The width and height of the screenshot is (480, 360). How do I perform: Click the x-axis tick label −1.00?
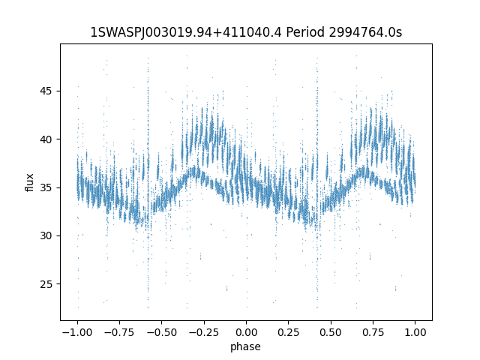(x=77, y=332)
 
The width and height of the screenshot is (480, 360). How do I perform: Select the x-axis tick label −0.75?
(x=119, y=332)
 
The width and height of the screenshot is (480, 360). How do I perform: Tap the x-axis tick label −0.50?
(x=162, y=332)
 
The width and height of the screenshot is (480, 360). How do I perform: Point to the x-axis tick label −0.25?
(x=204, y=332)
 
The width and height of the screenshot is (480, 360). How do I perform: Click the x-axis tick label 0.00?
(x=246, y=332)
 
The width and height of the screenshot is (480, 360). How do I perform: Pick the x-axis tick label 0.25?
(x=288, y=332)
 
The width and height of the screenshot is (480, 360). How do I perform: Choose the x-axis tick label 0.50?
(x=331, y=332)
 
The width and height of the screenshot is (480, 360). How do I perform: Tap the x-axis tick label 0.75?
(x=373, y=332)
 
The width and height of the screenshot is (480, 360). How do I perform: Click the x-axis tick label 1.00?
(x=415, y=332)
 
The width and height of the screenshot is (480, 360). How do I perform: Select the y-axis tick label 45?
(x=46, y=91)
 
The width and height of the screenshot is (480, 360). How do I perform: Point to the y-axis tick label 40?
(x=46, y=139)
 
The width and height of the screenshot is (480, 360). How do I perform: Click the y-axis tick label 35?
(x=46, y=187)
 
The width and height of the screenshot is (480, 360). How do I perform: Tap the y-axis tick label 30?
(x=46, y=235)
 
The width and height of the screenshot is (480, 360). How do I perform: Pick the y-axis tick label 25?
(x=46, y=284)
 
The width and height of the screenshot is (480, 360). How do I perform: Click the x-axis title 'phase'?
(x=245, y=347)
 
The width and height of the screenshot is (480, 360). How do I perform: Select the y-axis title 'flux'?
(x=29, y=182)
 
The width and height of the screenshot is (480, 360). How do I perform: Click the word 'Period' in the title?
(x=305, y=32)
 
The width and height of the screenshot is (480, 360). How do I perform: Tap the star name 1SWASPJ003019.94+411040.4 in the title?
(x=186, y=32)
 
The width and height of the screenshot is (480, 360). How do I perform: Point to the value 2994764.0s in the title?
(x=365, y=32)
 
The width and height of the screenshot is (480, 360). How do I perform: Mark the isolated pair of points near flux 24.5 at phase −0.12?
(x=226, y=288)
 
